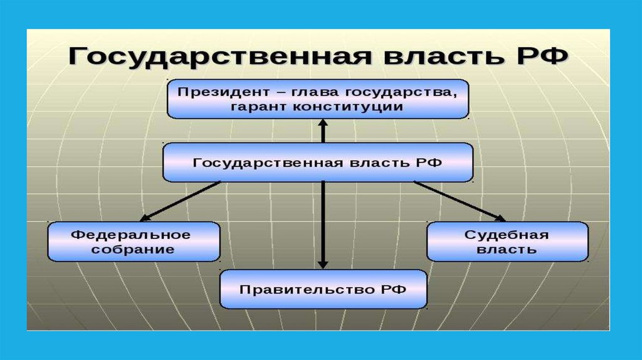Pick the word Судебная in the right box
click(507, 235)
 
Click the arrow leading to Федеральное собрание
click(181, 201)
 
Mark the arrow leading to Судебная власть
click(459, 201)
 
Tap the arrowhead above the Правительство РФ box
click(323, 263)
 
